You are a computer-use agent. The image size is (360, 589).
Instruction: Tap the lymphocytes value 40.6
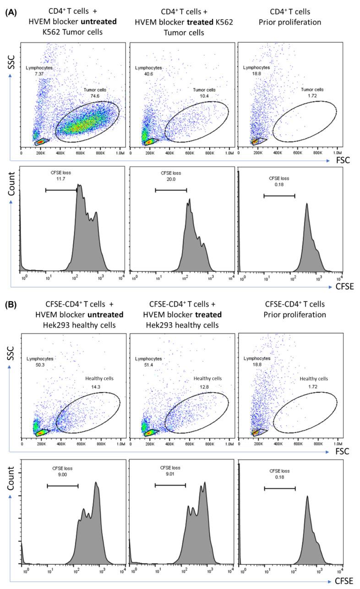click(141, 74)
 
